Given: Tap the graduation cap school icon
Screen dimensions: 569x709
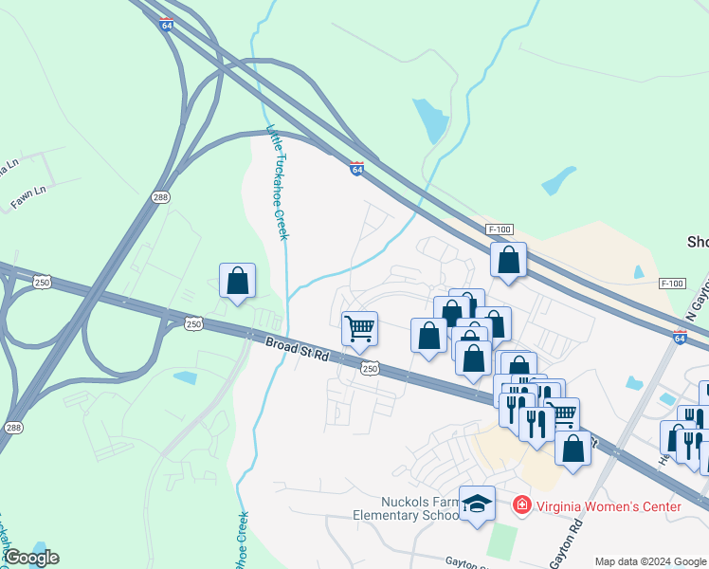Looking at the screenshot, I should point(477,503).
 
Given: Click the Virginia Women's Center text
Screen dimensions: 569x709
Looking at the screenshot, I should point(608,506).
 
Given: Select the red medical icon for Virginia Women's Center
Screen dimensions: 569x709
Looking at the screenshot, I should point(521,505).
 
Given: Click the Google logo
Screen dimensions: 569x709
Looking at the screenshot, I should point(30,558).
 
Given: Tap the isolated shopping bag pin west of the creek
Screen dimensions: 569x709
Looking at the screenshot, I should point(237,281).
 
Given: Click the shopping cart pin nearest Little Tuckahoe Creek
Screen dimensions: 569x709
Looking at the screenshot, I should point(359,329).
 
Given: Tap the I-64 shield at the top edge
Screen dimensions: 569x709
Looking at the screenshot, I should point(167,26).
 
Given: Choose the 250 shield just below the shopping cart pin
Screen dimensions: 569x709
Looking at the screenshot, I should point(370,368).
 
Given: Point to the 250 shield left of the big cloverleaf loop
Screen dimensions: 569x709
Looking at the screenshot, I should point(42,282).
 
